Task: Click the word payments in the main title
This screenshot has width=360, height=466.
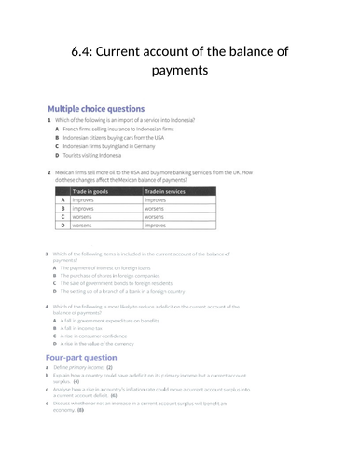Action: [x=179, y=71]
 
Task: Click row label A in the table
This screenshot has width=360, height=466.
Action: [x=62, y=199]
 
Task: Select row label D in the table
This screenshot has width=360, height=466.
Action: [x=62, y=226]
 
